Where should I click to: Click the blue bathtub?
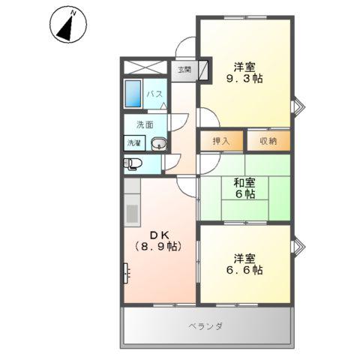134,95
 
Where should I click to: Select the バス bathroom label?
154,94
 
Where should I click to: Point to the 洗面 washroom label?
145,124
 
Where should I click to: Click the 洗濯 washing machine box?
133,142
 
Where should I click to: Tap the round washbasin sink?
158,143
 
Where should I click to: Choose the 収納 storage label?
268,140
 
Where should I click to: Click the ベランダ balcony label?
205,326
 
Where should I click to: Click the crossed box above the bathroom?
146,65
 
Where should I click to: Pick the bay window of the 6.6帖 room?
298,246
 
